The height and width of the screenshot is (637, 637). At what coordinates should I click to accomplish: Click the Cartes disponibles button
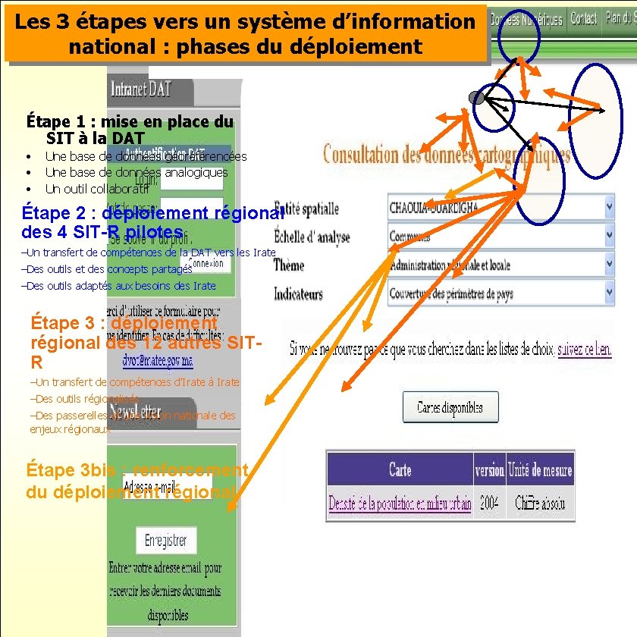[x=450, y=408]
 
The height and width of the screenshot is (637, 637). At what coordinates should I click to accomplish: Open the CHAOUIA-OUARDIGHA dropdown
[x=500, y=207]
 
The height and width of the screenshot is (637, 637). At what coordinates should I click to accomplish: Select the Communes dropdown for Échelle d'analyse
[x=500, y=237]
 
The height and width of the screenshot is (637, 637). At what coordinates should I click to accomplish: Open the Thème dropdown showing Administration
[x=500, y=265]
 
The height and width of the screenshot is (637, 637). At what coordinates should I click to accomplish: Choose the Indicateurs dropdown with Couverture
[x=500, y=293]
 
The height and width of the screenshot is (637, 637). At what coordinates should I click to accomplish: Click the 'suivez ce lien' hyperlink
[x=584, y=350]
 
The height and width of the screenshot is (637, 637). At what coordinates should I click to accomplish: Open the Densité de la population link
[x=400, y=503]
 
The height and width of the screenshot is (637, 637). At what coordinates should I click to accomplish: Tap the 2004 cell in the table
[x=489, y=503]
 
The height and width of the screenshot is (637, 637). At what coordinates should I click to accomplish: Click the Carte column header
[x=400, y=470]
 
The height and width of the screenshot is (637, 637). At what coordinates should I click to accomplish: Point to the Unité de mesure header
[x=541, y=470]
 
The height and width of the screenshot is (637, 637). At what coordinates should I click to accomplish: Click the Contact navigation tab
[x=583, y=18]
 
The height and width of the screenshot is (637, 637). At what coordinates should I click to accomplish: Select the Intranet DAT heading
[x=141, y=90]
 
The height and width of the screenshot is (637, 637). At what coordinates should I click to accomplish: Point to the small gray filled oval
[x=476, y=97]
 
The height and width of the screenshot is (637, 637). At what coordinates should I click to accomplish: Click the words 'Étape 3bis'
[x=60, y=470]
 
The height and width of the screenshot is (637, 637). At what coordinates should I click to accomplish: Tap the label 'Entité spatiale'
[x=306, y=208]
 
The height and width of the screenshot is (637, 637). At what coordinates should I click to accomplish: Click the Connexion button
[x=206, y=264]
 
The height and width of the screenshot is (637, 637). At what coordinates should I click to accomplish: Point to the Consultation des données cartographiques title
[x=447, y=155]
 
